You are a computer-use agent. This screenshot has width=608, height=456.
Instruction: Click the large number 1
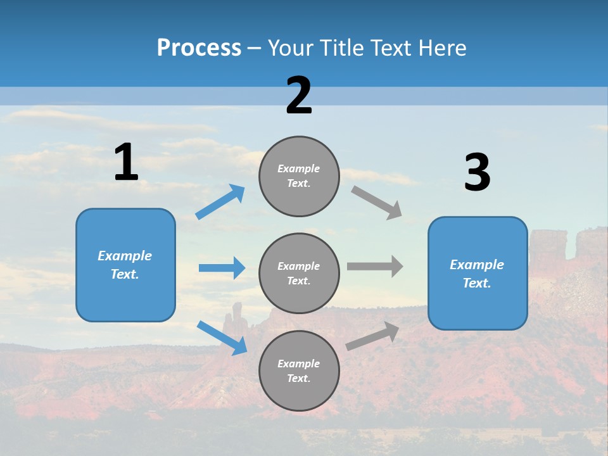pos(126,163)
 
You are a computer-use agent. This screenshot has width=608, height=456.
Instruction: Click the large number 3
pos(477,173)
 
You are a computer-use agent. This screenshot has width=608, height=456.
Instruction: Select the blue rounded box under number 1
pos(125,265)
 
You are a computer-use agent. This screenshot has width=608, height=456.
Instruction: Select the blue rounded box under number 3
pos(478,273)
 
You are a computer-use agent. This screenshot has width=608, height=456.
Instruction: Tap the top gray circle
pos(299,176)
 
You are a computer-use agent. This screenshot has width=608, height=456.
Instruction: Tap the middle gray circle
pos(299,273)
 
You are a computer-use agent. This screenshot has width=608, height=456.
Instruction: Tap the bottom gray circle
pos(299,370)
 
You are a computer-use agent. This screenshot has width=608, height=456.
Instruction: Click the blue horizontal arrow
pos(222,268)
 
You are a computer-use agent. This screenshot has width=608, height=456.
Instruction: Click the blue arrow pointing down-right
pos(222,337)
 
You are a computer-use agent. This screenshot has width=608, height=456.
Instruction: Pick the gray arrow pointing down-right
pos(377,202)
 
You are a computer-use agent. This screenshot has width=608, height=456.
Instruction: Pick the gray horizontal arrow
pos(375,267)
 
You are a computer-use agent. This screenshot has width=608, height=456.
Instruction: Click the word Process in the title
pos(199,47)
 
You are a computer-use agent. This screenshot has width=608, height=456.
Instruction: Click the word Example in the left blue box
pos(125,256)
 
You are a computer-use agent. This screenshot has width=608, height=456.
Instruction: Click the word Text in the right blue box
pos(476,283)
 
